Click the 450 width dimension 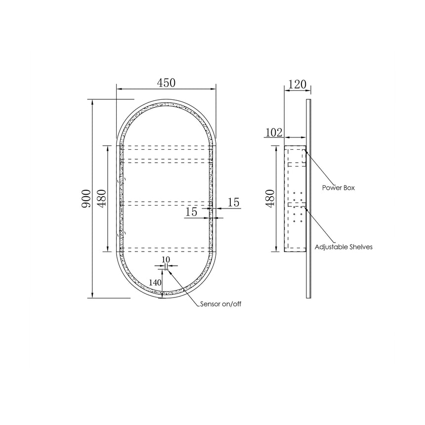tap(166, 83)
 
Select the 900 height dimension tap(86, 199)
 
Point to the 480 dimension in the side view tap(270, 198)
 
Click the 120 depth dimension tap(297, 85)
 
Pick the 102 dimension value tap(274, 132)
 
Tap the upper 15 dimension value tap(233, 203)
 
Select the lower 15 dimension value tap(191, 212)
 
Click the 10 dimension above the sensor tap(166, 259)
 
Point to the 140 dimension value tap(155, 283)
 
